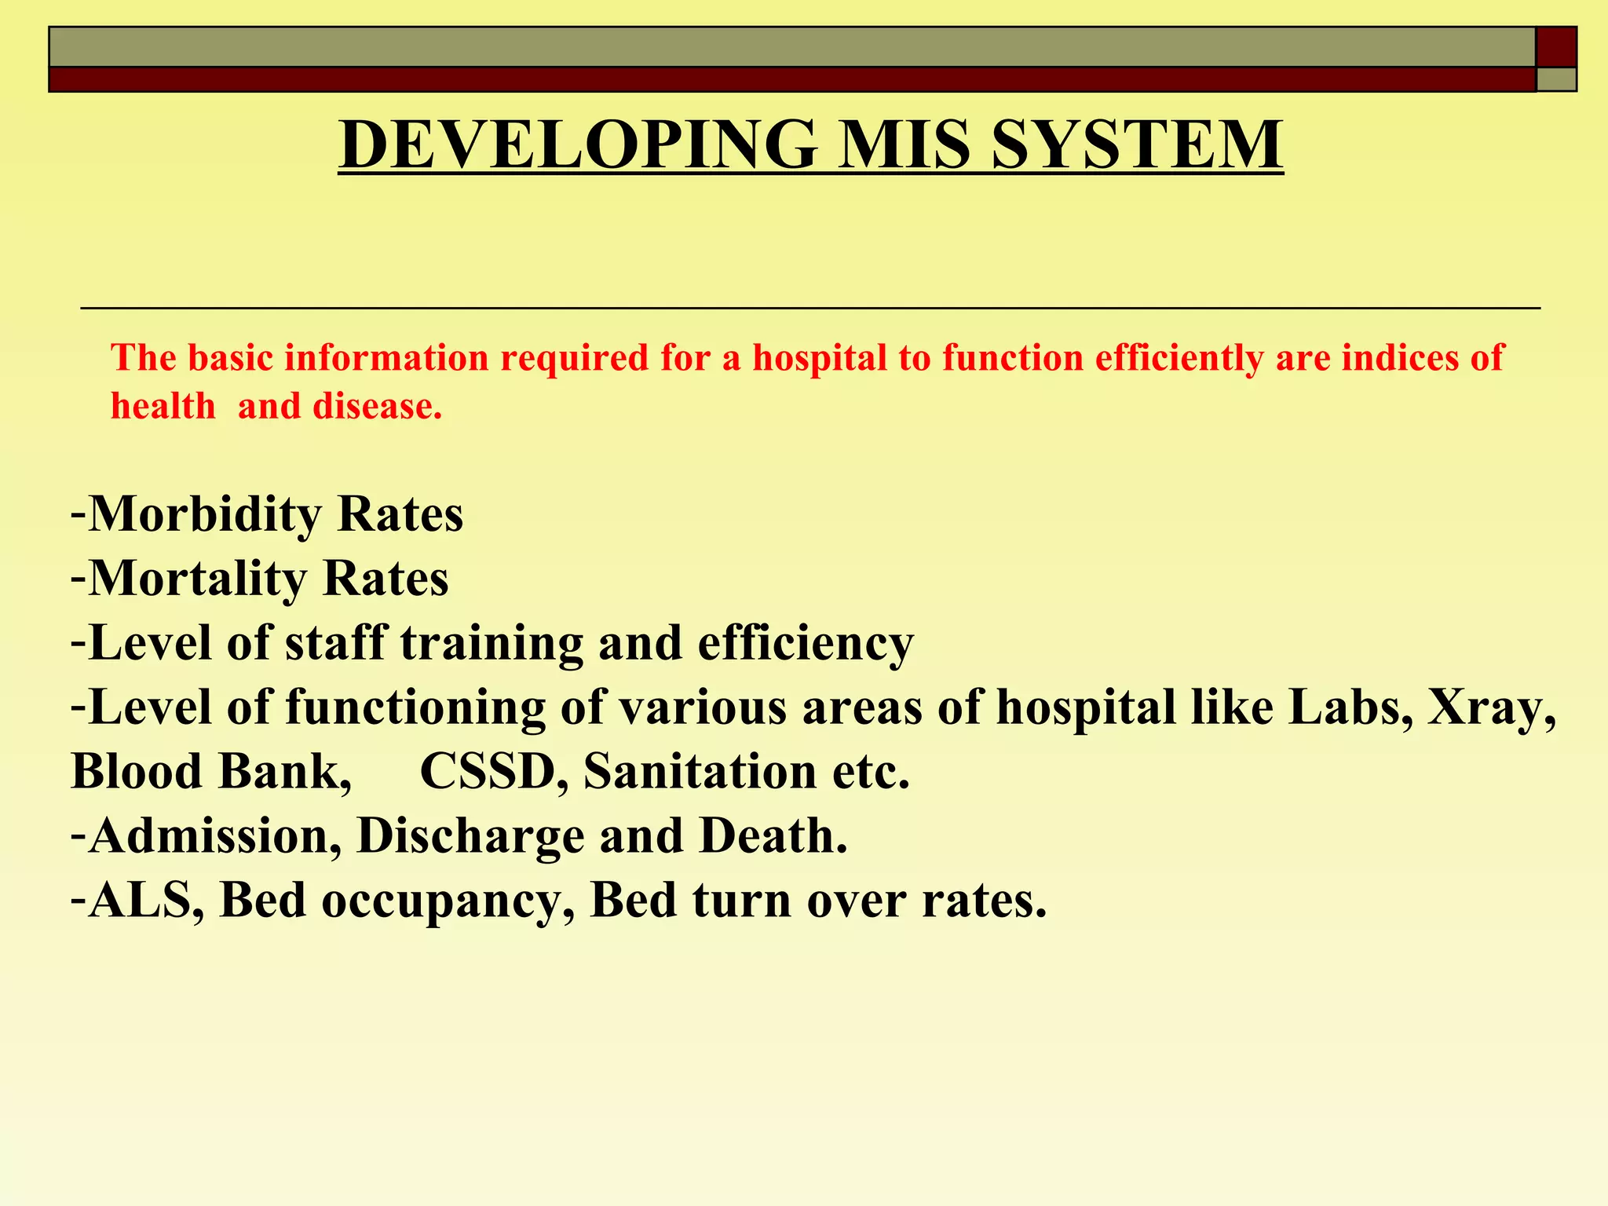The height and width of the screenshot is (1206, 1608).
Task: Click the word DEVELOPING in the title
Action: tap(579, 144)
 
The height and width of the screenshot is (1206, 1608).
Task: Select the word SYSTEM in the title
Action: tap(1137, 144)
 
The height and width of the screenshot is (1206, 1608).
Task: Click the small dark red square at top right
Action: tap(1555, 47)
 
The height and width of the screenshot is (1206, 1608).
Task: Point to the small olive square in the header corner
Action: tap(1555, 79)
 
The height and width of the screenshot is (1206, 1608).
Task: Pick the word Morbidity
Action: tap(205, 515)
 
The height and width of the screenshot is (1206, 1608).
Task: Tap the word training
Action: tap(492, 644)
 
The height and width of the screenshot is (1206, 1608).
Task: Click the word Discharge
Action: tap(470, 836)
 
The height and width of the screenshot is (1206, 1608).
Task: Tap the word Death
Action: tap(773, 836)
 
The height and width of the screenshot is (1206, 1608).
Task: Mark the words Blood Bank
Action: tap(210, 772)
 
